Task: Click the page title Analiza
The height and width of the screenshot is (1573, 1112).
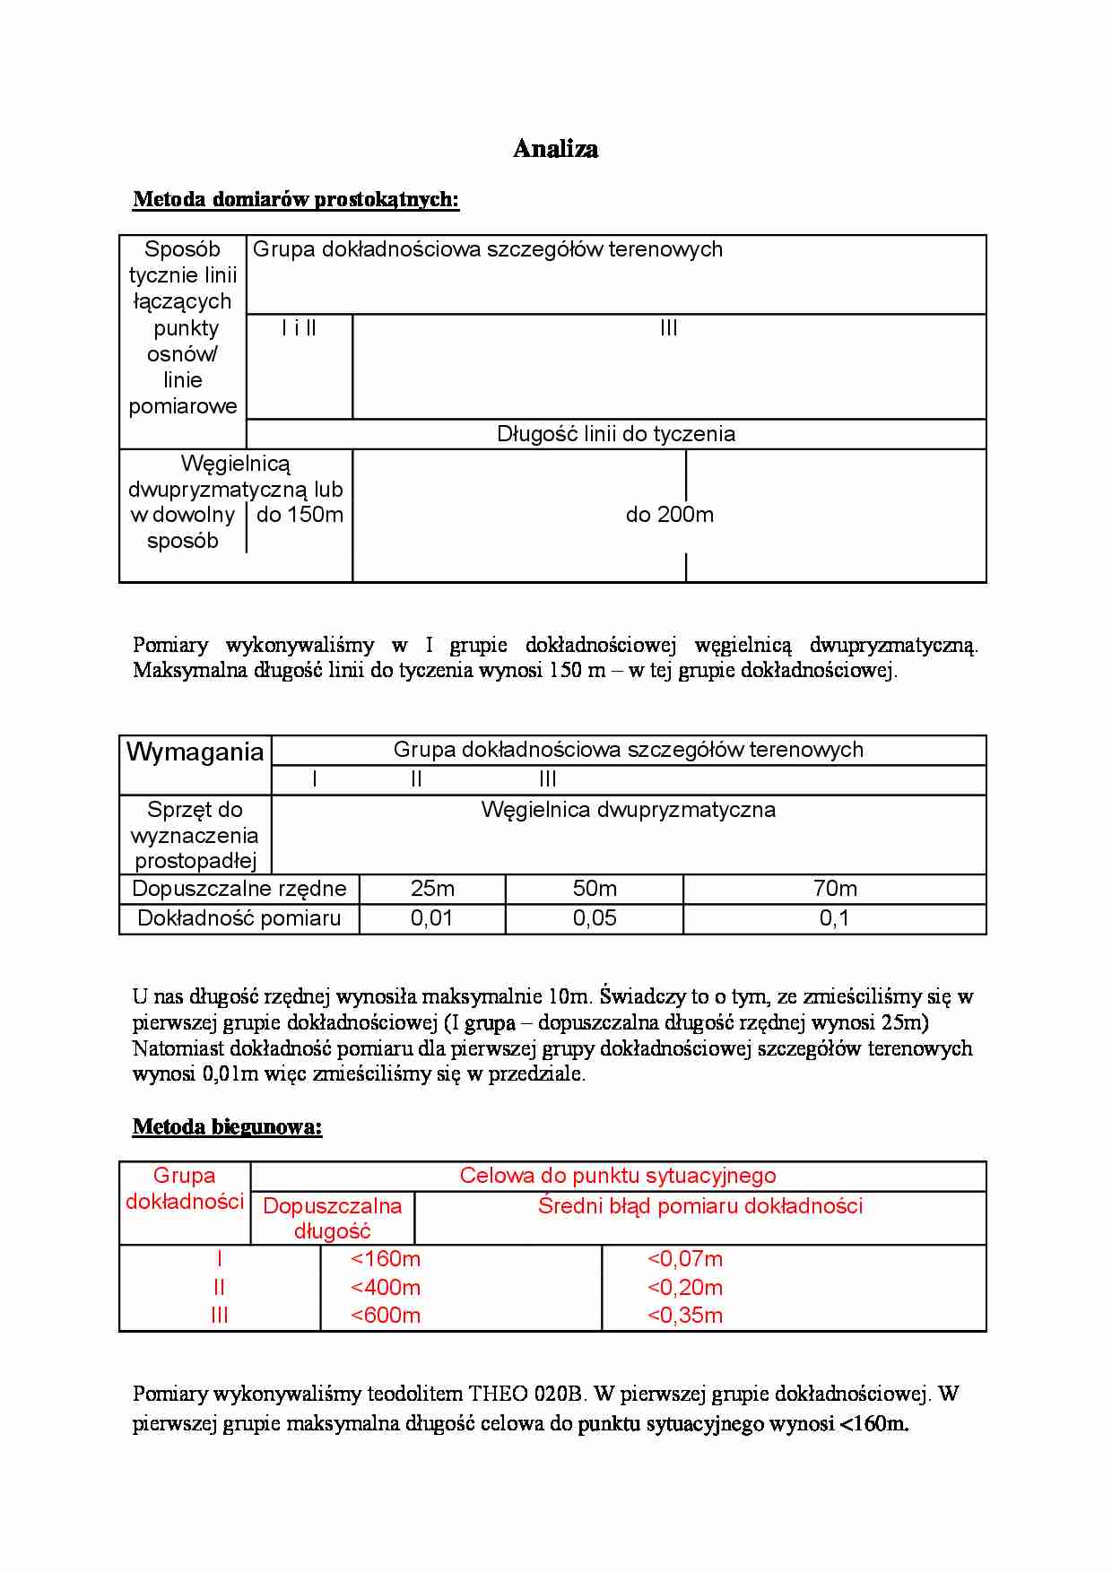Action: click(555, 149)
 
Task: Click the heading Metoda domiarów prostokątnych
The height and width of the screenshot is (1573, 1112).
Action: click(295, 199)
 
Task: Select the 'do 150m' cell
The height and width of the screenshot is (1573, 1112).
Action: click(300, 515)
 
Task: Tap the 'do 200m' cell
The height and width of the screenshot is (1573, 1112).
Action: click(669, 515)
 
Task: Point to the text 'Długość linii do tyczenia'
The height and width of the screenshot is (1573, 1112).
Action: click(615, 434)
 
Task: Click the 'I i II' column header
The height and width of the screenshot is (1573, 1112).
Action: click(299, 328)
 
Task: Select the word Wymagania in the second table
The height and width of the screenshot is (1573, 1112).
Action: click(195, 752)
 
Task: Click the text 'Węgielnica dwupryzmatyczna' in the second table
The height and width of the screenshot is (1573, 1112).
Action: click(628, 810)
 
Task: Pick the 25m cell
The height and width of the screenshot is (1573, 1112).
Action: click(432, 889)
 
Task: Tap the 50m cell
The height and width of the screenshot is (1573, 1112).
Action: click(595, 889)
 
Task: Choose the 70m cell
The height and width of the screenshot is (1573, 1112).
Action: click(834, 889)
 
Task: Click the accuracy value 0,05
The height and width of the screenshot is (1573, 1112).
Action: click(595, 918)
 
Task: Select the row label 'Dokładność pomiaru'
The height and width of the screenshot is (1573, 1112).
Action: click(239, 918)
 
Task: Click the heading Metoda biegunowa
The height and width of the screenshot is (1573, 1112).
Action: click(227, 1126)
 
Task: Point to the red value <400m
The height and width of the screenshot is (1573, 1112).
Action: click(386, 1288)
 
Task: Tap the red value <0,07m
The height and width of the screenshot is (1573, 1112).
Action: click(685, 1259)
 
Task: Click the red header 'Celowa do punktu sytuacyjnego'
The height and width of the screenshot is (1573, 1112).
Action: click(617, 1176)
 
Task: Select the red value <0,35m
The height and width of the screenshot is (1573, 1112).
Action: click(685, 1316)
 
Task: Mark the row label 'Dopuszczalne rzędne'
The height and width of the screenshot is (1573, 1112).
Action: click(239, 889)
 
